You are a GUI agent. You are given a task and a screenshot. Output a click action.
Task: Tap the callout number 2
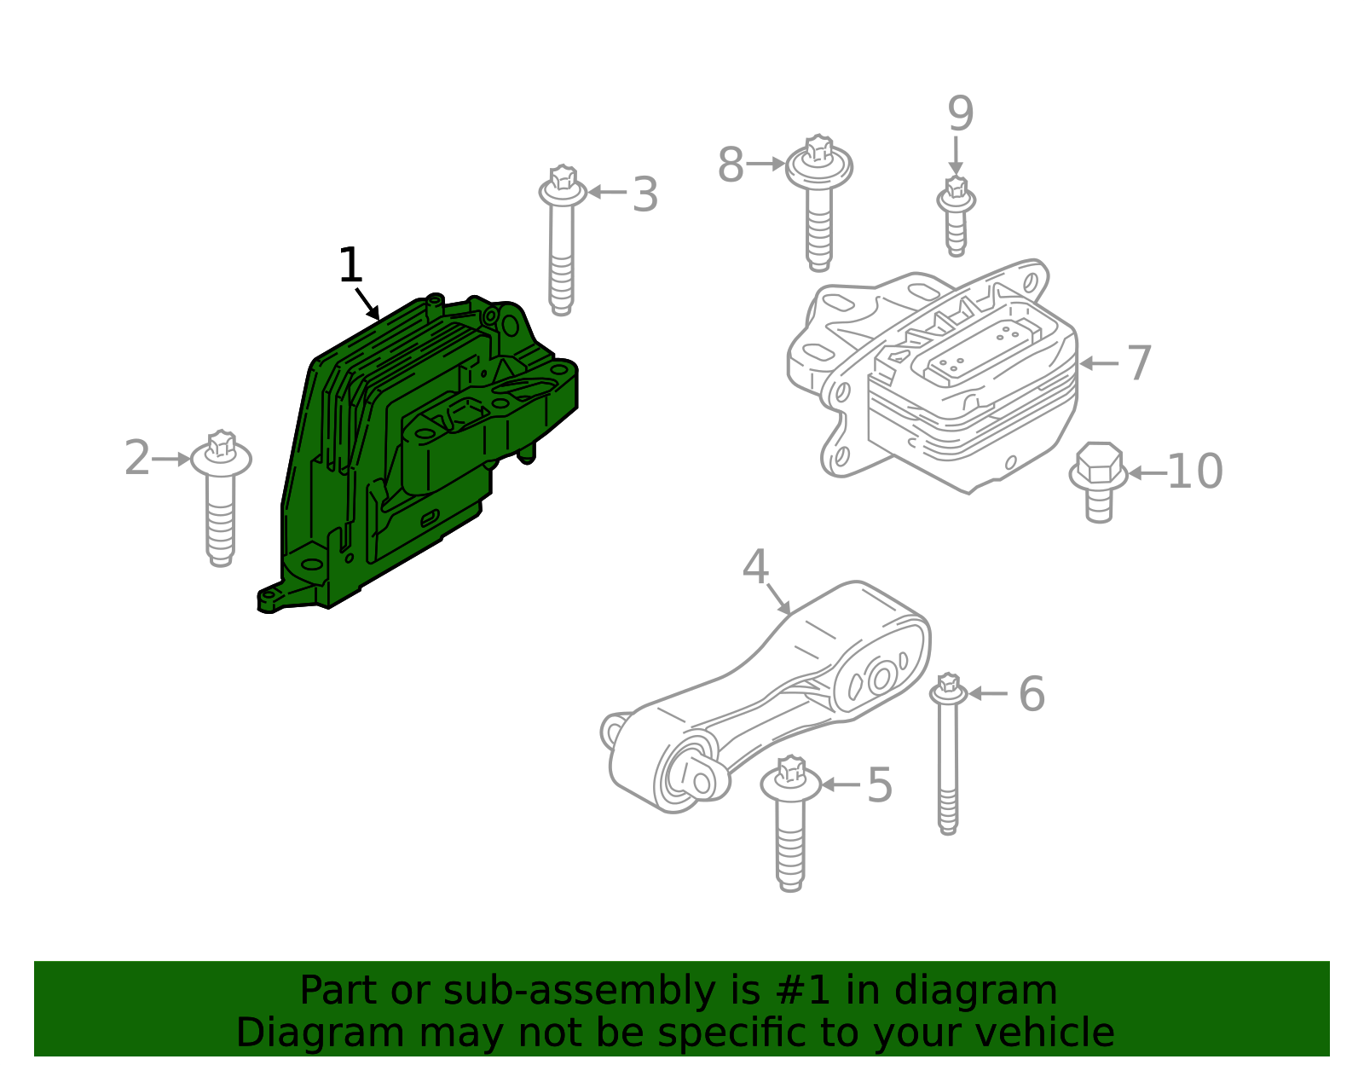[137, 459]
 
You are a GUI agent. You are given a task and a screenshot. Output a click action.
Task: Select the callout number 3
[645, 195]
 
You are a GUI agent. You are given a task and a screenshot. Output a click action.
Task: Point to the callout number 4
[755, 567]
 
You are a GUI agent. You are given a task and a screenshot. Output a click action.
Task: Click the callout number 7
[1140, 363]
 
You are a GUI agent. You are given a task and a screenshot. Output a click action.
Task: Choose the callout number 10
[1194, 472]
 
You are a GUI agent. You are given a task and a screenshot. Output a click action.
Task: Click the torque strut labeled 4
[767, 699]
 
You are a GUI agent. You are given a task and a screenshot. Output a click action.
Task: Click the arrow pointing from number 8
[766, 164]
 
